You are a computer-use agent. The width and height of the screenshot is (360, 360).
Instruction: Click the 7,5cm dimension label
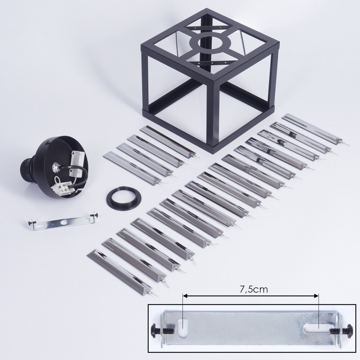click(x=254, y=289)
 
